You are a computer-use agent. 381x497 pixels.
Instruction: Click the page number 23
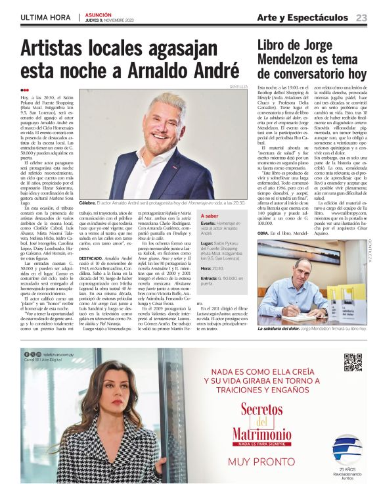click(362, 17)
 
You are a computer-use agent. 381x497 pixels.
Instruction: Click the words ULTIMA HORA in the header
click(45, 17)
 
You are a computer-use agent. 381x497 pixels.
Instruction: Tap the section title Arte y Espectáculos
click(302, 17)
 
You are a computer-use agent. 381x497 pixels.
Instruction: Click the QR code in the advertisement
click(353, 362)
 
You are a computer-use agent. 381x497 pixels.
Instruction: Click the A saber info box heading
click(212, 215)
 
